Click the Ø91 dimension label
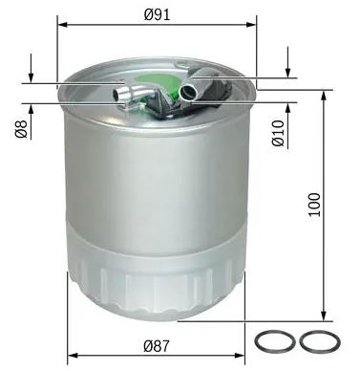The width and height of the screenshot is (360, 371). (x=157, y=14)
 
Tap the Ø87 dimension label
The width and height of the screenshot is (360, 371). (x=157, y=345)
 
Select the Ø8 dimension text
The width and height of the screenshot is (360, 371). (x=21, y=129)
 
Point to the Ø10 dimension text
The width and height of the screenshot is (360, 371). (x=278, y=133)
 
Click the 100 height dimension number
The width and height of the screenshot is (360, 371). (x=314, y=205)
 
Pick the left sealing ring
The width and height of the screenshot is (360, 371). (x=275, y=341)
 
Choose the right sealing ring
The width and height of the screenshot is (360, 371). (x=320, y=341)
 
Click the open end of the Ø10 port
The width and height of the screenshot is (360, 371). (x=185, y=92)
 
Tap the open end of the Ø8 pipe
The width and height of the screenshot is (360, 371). (x=116, y=95)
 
